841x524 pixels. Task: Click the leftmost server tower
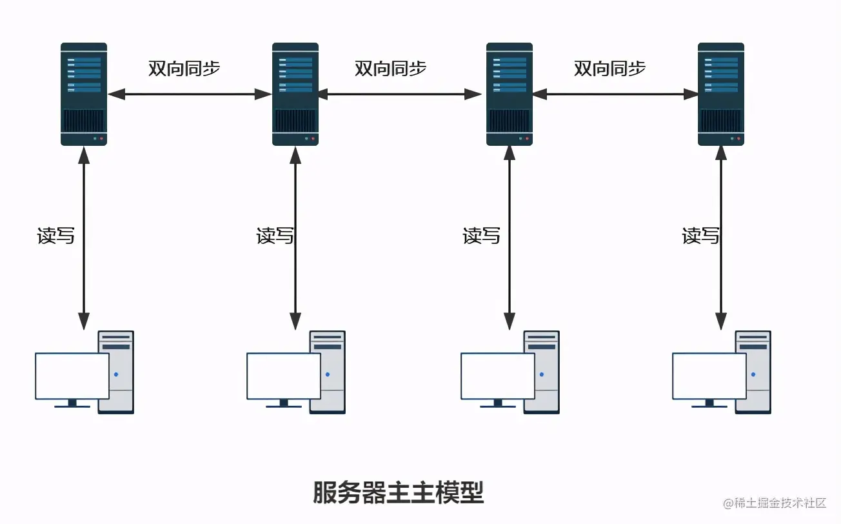point(84,94)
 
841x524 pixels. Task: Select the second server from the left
point(295,94)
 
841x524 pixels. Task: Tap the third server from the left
point(509,94)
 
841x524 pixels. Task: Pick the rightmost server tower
point(720,94)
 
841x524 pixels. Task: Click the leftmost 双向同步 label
point(184,69)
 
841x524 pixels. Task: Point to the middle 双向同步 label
point(390,69)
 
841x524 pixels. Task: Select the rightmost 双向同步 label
point(609,69)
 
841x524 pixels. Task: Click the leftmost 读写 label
point(56,236)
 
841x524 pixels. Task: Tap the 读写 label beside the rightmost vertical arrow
point(701,236)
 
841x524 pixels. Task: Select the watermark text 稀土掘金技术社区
point(779,503)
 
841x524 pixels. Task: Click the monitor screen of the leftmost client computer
point(72,376)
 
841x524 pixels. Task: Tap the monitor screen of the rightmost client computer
point(709,376)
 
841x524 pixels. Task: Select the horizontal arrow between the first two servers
point(190,94)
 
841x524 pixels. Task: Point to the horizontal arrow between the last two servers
point(615,94)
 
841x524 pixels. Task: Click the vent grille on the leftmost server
point(84,121)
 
